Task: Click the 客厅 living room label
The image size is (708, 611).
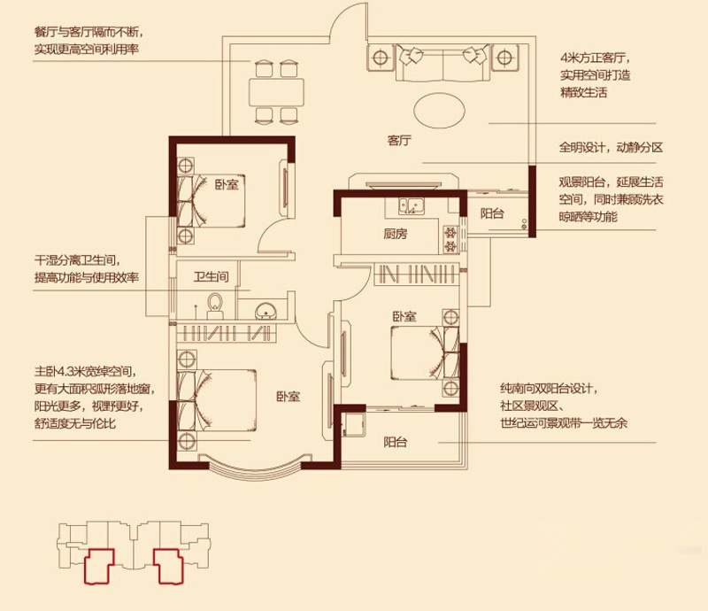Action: click(399, 141)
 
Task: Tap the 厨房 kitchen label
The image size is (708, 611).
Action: click(396, 234)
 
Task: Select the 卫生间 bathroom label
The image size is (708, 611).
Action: click(211, 276)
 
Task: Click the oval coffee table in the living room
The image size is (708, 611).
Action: click(439, 110)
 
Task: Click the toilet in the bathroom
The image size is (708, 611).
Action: click(214, 306)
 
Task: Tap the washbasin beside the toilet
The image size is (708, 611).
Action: click(266, 311)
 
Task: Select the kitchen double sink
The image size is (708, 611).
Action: click(411, 205)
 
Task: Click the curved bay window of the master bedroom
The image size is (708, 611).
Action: click(255, 472)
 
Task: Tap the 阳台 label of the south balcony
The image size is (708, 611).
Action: click(396, 442)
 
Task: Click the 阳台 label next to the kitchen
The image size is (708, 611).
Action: click(492, 213)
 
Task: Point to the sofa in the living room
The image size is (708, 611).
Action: click(443, 63)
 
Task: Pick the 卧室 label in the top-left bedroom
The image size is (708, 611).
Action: click(227, 184)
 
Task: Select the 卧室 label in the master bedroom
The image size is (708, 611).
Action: click(289, 397)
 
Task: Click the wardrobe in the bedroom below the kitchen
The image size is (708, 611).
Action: click(417, 274)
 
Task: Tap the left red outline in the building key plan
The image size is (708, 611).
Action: click(99, 567)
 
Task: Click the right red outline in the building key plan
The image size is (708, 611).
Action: click(168, 566)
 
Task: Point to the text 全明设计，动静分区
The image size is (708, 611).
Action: click(611, 147)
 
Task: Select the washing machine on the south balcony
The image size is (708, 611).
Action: click(353, 425)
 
